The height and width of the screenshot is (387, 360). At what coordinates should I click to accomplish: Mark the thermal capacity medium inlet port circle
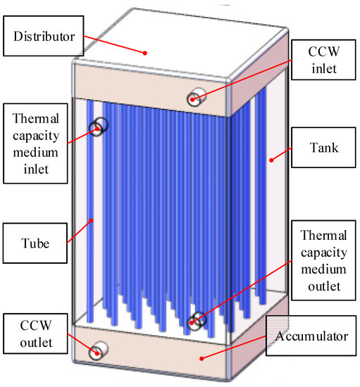tap(99, 127)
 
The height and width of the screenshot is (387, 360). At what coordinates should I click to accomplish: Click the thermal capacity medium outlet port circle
tap(198, 320)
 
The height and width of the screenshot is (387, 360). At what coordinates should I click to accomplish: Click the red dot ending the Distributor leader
tap(145, 51)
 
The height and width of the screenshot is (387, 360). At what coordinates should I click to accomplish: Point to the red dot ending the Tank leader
tap(270, 160)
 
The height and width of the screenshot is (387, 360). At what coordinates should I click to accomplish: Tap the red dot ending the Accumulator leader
tap(204, 358)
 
